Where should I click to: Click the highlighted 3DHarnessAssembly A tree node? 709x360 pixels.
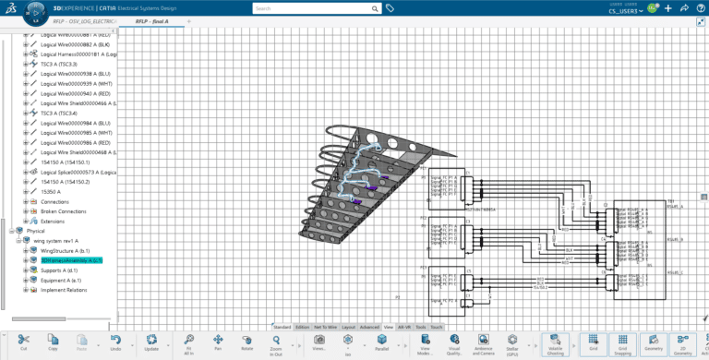tap(71, 260)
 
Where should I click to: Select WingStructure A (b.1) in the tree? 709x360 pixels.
tap(65, 250)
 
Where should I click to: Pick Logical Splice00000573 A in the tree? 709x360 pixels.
tap(78, 172)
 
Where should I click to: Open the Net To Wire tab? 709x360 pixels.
tap(326, 327)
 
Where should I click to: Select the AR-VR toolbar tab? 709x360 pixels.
tap(404, 327)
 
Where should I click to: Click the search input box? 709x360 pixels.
tap(314, 8)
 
